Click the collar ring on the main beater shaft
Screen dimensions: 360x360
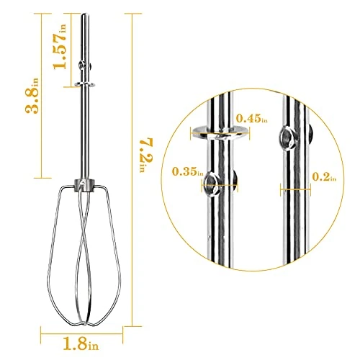86,84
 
